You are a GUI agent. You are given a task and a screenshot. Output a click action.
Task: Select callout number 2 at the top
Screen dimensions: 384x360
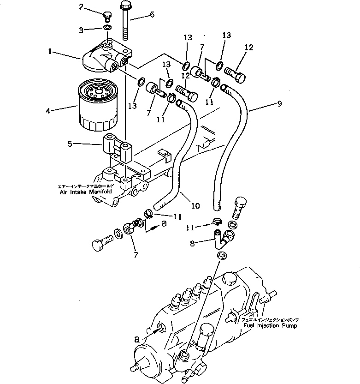click(x=81, y=6)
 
